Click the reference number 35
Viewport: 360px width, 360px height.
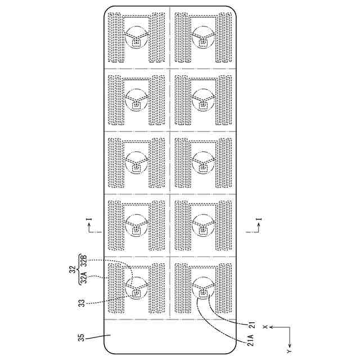pos(83,337)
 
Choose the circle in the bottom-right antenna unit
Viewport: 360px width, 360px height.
pos(202,287)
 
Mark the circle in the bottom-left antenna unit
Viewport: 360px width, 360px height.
pos(136,287)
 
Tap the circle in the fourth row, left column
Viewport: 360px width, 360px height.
pos(136,224)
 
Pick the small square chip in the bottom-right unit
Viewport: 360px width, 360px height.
pos(202,293)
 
